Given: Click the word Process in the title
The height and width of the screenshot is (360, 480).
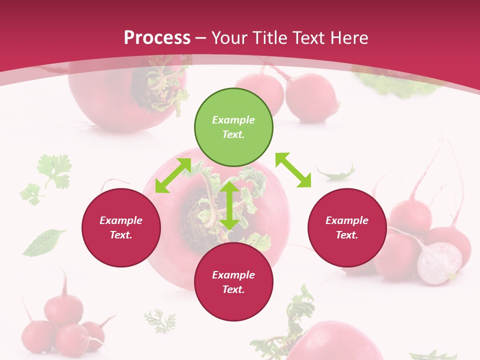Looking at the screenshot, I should pyautogui.click(x=157, y=38).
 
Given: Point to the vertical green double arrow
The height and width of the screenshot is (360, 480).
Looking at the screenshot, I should pyautogui.click(x=229, y=205).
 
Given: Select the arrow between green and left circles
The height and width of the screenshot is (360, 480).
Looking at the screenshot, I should pyautogui.click(x=173, y=175).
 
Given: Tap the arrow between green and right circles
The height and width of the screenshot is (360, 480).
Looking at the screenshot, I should pyautogui.click(x=293, y=170).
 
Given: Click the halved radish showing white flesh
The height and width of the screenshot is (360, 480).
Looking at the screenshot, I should pyautogui.click(x=439, y=262).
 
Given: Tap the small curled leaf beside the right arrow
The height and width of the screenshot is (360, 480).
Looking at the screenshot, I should pyautogui.click(x=336, y=173).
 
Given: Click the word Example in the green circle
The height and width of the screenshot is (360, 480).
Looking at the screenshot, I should pyautogui.click(x=233, y=120).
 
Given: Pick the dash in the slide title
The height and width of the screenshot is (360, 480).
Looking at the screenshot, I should pyautogui.click(x=201, y=38).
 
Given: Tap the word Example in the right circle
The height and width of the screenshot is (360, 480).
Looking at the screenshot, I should pyautogui.click(x=347, y=220).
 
